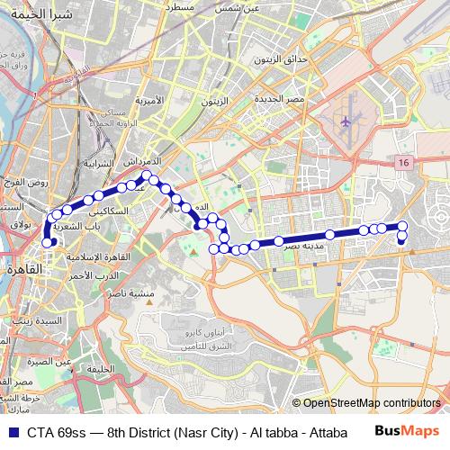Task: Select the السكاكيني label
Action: pyautogui.click(x=123, y=210)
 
